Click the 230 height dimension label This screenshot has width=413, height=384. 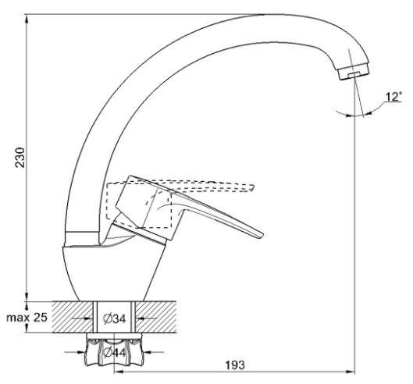(20, 158)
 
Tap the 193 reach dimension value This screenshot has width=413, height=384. (235, 364)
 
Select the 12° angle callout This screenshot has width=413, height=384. (393, 97)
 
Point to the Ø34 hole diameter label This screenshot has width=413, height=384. (115, 319)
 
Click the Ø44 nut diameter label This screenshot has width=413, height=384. (115, 353)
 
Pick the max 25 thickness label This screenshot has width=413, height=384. (27, 318)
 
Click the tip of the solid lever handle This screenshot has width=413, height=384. (262, 236)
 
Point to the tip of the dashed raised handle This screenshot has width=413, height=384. (254, 187)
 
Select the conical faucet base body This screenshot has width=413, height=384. (114, 272)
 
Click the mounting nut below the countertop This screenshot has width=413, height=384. (114, 350)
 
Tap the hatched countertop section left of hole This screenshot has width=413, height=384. (73, 317)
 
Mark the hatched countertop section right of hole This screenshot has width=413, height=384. (156, 317)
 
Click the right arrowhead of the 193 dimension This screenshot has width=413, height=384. (351, 372)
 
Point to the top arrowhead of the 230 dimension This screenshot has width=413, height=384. (27, 18)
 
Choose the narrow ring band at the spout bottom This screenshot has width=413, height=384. (82, 238)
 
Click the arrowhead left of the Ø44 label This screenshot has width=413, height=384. (82, 351)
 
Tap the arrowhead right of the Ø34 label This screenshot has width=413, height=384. (139, 318)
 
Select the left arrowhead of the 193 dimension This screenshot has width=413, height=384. (119, 372)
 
